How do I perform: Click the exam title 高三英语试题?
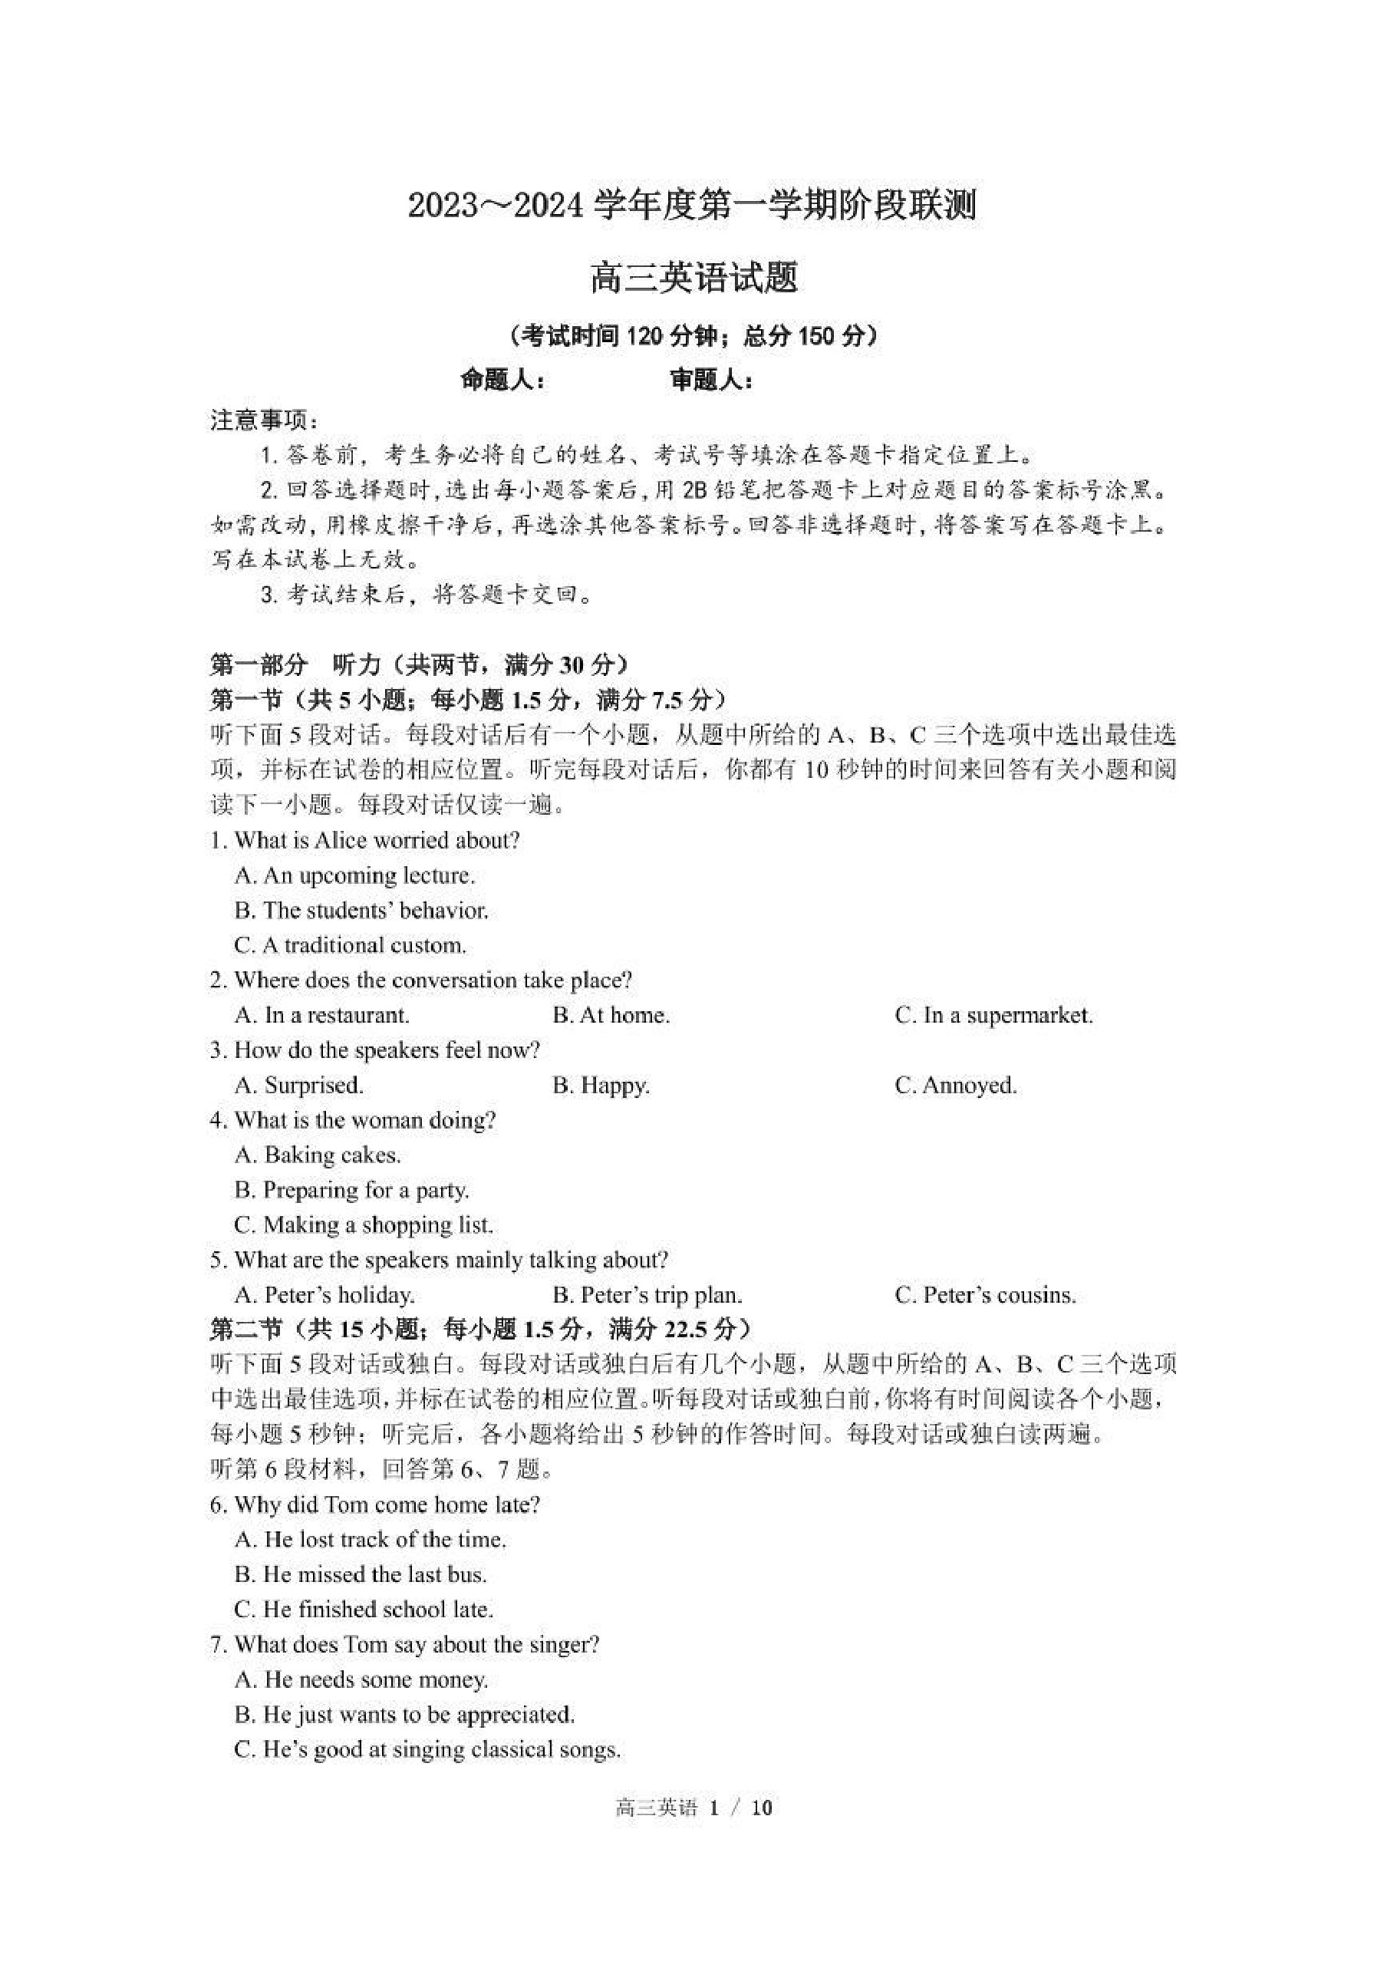pos(693,279)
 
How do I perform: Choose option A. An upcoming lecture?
pos(354,875)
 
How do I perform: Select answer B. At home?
pos(611,1016)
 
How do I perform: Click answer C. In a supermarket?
pos(993,1016)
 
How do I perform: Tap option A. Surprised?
pos(299,1086)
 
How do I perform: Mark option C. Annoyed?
pos(956,1086)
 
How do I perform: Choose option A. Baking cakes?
pos(318,1155)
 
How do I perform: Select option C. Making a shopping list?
pos(364,1226)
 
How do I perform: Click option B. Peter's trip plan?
pos(647,1296)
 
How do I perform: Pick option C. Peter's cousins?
pos(985,1296)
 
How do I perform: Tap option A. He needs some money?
pos(361,1680)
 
